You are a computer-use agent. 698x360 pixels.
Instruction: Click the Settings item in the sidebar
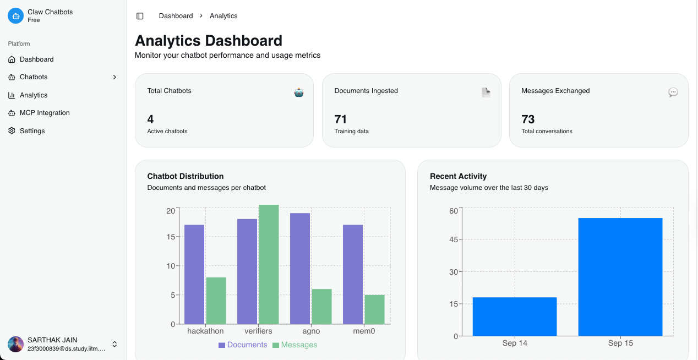(x=32, y=131)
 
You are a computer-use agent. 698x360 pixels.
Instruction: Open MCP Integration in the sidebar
(x=44, y=113)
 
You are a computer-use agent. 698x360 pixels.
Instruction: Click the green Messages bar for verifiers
(x=269, y=264)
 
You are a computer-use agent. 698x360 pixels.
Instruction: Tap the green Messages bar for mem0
(x=375, y=309)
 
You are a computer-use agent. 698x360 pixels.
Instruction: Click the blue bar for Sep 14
(x=515, y=317)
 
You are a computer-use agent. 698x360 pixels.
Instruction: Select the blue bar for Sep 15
(x=620, y=277)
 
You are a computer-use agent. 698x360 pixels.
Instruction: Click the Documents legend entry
(x=243, y=345)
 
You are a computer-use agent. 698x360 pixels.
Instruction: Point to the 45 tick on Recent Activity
(x=453, y=239)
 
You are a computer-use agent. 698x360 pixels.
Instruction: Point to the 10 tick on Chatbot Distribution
(x=171, y=266)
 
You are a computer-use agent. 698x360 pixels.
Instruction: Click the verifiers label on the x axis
(x=259, y=331)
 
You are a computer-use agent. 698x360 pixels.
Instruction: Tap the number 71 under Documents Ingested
(x=341, y=119)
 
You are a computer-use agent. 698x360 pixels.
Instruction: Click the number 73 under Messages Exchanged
(x=528, y=119)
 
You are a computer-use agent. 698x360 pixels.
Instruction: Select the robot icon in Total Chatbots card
(x=299, y=92)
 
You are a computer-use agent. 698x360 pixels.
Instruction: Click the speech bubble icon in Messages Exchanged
(x=673, y=92)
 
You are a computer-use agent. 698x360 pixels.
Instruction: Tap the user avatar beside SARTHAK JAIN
(x=15, y=344)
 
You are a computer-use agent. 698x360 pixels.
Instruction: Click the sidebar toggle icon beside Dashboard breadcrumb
(x=140, y=16)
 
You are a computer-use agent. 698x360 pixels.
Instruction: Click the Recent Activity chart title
(x=458, y=176)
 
